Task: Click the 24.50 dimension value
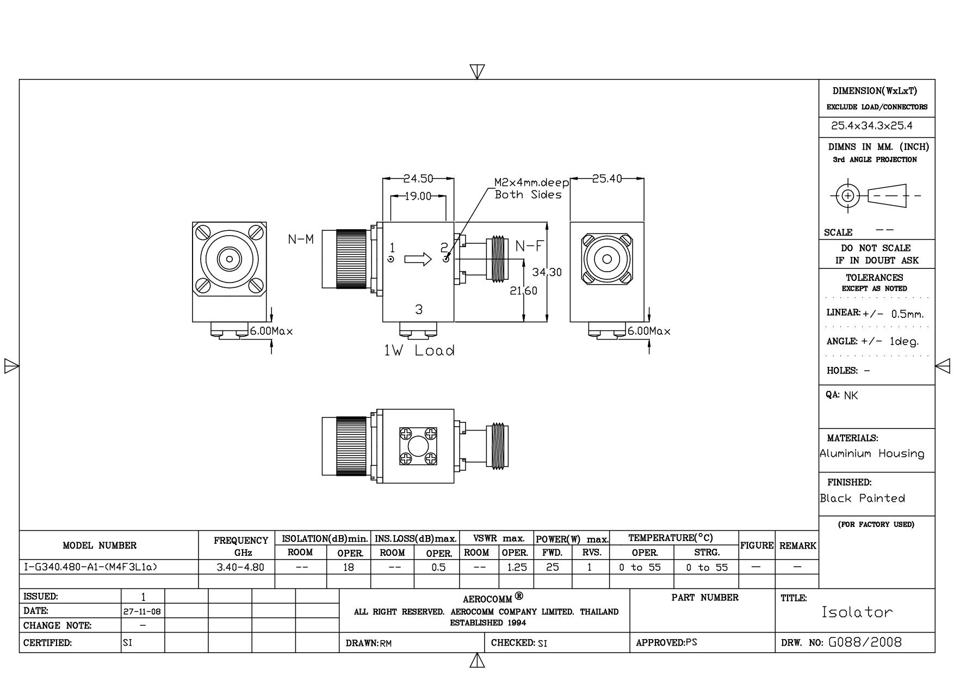(418, 179)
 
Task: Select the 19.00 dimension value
(418, 196)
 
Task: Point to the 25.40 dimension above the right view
(606, 179)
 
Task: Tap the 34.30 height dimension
(547, 272)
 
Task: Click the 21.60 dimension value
(523, 291)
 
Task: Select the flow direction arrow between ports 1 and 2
(418, 259)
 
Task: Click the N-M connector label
(301, 240)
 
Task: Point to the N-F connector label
(529, 246)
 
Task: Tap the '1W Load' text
(419, 351)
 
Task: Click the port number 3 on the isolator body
(418, 309)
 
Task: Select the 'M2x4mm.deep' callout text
(531, 182)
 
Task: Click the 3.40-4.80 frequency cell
(240, 567)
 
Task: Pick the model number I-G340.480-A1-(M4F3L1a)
(90, 567)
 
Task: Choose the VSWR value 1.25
(516, 567)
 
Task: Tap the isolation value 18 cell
(348, 567)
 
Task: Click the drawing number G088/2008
(865, 642)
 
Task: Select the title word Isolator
(857, 612)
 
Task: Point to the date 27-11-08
(143, 611)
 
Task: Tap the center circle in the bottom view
(418, 446)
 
